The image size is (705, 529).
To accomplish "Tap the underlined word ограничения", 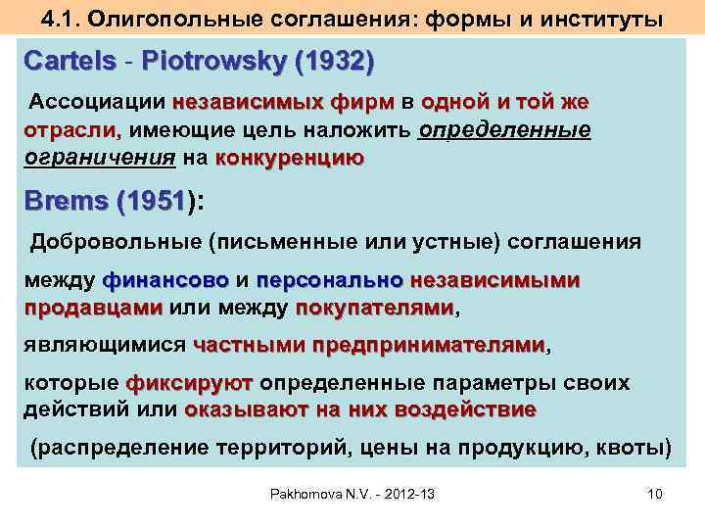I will point(99,158).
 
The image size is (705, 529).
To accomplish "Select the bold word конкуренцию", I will point(289,158).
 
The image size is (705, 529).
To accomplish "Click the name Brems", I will point(65,202).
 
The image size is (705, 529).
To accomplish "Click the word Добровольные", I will point(114,241).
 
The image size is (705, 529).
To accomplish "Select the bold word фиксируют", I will point(189,382).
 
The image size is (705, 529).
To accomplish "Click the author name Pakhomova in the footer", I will point(308,494).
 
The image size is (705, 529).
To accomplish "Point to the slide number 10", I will point(655,494).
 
